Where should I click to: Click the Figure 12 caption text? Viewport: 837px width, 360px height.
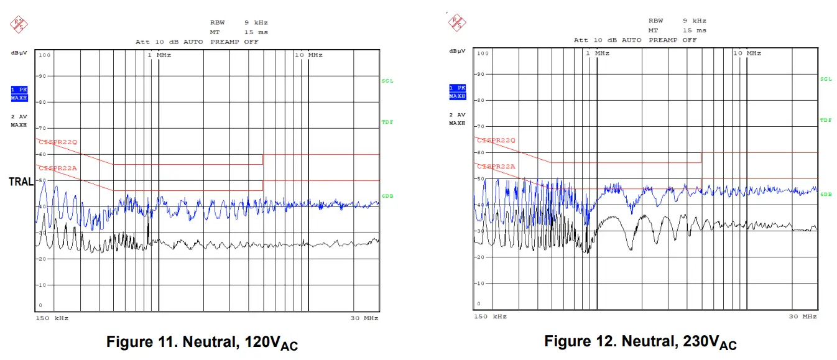pyautogui.click(x=640, y=342)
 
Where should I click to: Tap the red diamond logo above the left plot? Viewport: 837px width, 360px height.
pyautogui.click(x=19, y=24)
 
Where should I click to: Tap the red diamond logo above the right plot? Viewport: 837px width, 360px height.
pyautogui.click(x=457, y=23)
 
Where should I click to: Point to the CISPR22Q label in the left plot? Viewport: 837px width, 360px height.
pyautogui.click(x=58, y=142)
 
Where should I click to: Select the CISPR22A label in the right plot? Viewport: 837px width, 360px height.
pyautogui.click(x=496, y=167)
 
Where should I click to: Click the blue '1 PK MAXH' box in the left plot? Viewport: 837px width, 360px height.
pyautogui.click(x=20, y=93)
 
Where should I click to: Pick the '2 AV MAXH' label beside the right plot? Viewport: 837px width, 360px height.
pyautogui.click(x=457, y=119)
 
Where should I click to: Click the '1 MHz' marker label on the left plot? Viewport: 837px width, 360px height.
pyautogui.click(x=159, y=55)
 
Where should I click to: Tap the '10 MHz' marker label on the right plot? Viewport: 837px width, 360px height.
pyautogui.click(x=746, y=53)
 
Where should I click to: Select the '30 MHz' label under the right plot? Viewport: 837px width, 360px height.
pyautogui.click(x=803, y=316)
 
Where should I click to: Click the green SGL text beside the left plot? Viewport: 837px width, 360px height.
pyautogui.click(x=387, y=81)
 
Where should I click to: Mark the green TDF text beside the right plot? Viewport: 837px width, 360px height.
pyautogui.click(x=825, y=120)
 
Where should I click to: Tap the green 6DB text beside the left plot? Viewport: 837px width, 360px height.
pyautogui.click(x=387, y=196)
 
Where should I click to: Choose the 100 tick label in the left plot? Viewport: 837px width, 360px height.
pyautogui.click(x=44, y=55)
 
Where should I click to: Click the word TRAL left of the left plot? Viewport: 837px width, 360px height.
pyautogui.click(x=21, y=182)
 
